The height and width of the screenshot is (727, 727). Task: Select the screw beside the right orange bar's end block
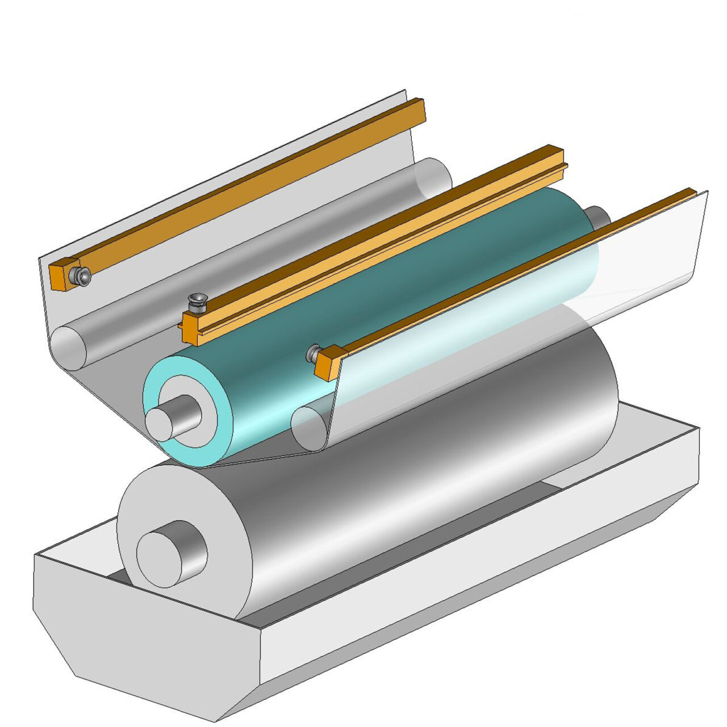313,353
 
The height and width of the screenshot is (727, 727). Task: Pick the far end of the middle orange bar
559,156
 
